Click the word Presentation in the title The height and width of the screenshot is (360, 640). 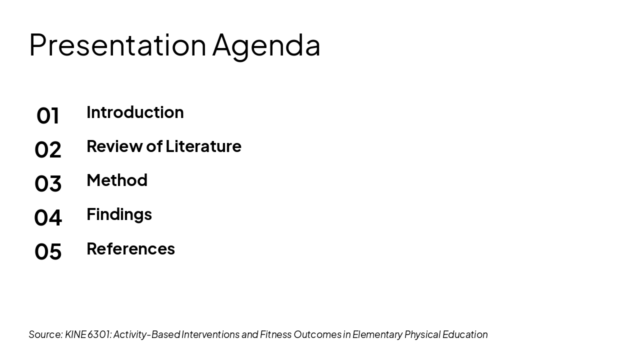[117, 44]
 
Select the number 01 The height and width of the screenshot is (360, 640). [48, 115]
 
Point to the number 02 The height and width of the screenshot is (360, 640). [48, 149]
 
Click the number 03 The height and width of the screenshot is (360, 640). [48, 183]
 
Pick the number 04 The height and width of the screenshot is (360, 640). [48, 217]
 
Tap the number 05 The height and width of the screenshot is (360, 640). [48, 251]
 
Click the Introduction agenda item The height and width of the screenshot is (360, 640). [135, 112]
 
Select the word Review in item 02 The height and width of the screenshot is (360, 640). [114, 146]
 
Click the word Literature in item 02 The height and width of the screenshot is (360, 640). [203, 146]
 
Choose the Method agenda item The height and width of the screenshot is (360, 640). [117, 180]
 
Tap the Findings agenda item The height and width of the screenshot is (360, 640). [119, 214]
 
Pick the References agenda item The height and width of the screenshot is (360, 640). [130, 248]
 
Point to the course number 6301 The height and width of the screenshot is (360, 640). [99, 334]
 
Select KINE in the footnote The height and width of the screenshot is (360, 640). [75, 334]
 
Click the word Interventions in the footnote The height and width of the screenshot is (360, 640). [210, 334]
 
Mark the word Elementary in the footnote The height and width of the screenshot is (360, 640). [377, 334]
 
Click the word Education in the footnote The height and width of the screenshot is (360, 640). [465, 334]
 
